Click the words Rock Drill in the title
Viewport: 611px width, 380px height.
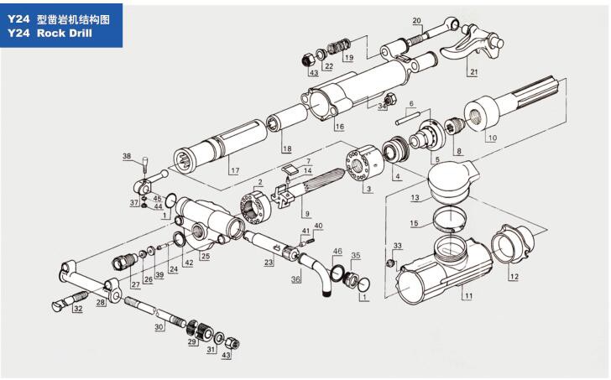tap(65, 33)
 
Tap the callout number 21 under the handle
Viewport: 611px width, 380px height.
tap(473, 71)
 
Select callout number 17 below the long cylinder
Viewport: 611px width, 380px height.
tap(235, 170)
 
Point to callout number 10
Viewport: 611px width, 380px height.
tap(493, 138)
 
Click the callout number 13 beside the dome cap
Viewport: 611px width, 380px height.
tap(415, 198)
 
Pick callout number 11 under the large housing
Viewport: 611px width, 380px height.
tap(468, 296)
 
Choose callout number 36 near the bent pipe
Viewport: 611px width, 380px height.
tap(295, 279)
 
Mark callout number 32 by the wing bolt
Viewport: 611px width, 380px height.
tap(78, 309)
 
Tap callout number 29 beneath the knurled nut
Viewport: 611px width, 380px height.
tap(192, 342)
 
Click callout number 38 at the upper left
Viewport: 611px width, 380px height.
tap(127, 156)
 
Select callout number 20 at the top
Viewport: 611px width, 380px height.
tap(416, 21)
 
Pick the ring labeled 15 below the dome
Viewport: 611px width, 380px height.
tap(449, 219)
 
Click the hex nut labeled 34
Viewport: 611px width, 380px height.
tap(389, 99)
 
